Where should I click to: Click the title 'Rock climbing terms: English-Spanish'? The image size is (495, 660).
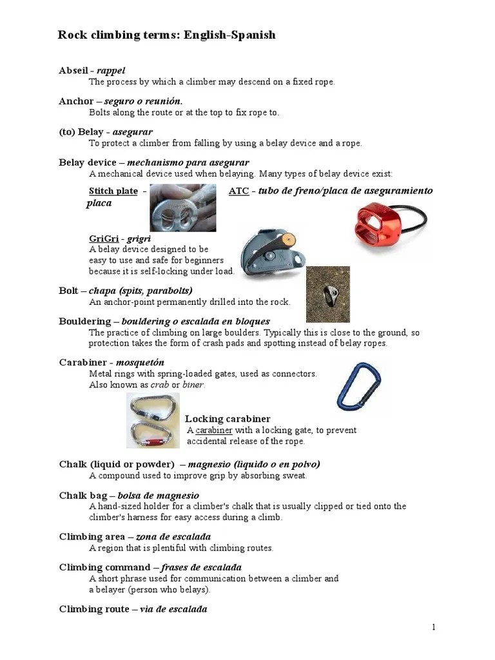167,35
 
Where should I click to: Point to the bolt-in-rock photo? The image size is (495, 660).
328,294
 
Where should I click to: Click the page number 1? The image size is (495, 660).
434,627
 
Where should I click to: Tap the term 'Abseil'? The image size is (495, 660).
73,70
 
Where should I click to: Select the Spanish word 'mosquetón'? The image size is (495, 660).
140,362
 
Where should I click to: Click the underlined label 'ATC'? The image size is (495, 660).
238,191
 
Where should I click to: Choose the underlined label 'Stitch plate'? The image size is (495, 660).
113,191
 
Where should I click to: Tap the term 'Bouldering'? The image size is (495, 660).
84,321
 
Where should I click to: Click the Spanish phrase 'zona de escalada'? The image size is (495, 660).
173,536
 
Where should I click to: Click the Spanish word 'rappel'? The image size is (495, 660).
111,70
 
